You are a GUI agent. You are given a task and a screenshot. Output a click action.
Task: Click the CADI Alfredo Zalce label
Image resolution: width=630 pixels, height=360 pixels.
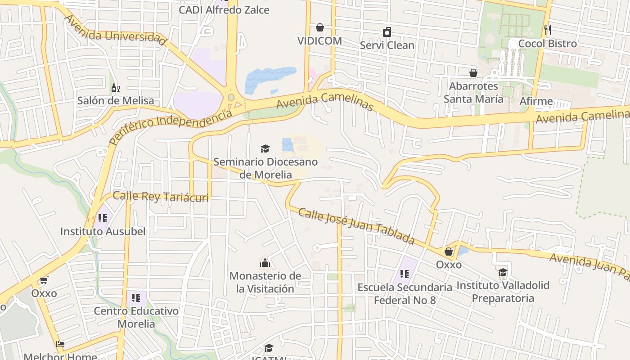coord(224,10)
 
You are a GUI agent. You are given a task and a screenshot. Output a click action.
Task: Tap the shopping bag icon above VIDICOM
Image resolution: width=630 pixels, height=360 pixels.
coord(320,28)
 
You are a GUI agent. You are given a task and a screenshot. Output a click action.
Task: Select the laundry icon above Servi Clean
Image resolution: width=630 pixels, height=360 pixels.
coord(387,32)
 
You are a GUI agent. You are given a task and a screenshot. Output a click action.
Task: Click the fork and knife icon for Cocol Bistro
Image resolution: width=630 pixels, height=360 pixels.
coord(548,30)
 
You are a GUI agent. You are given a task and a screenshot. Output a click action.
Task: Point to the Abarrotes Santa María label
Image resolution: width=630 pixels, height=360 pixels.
coord(473,92)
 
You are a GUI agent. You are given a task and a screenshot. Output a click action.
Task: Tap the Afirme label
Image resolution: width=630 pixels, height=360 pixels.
coord(536,101)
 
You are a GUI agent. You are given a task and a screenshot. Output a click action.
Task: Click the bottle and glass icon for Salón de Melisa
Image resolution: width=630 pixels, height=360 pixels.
coord(116,88)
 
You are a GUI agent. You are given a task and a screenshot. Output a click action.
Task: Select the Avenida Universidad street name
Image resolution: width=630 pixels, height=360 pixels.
coord(115,30)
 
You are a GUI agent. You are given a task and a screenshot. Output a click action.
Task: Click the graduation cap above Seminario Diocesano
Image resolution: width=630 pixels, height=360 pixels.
coord(265,148)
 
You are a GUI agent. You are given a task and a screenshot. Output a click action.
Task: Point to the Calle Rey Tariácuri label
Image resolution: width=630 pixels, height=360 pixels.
coord(161,197)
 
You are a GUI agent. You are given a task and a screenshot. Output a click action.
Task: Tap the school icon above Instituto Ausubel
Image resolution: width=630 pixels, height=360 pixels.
coord(103,218)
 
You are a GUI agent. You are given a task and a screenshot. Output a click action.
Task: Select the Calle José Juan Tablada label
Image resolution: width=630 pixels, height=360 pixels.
coord(356,226)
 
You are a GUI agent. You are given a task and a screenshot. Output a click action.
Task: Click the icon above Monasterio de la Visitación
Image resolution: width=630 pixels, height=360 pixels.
coord(265,262)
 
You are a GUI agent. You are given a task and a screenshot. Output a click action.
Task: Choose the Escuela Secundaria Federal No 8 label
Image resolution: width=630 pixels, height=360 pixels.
coord(405,293)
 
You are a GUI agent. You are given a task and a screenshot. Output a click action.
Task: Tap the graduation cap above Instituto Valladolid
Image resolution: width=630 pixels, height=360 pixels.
coord(503,272)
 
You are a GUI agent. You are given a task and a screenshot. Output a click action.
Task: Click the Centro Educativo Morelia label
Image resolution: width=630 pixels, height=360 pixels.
coord(136,317)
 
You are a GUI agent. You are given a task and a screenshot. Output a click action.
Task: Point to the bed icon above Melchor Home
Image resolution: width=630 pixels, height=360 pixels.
coord(60,344)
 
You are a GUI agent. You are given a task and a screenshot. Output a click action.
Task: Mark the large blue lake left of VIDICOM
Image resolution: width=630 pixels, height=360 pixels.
coord(269,78)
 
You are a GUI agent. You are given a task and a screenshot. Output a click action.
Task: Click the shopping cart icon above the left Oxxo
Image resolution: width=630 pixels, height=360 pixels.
coord(44,280)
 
